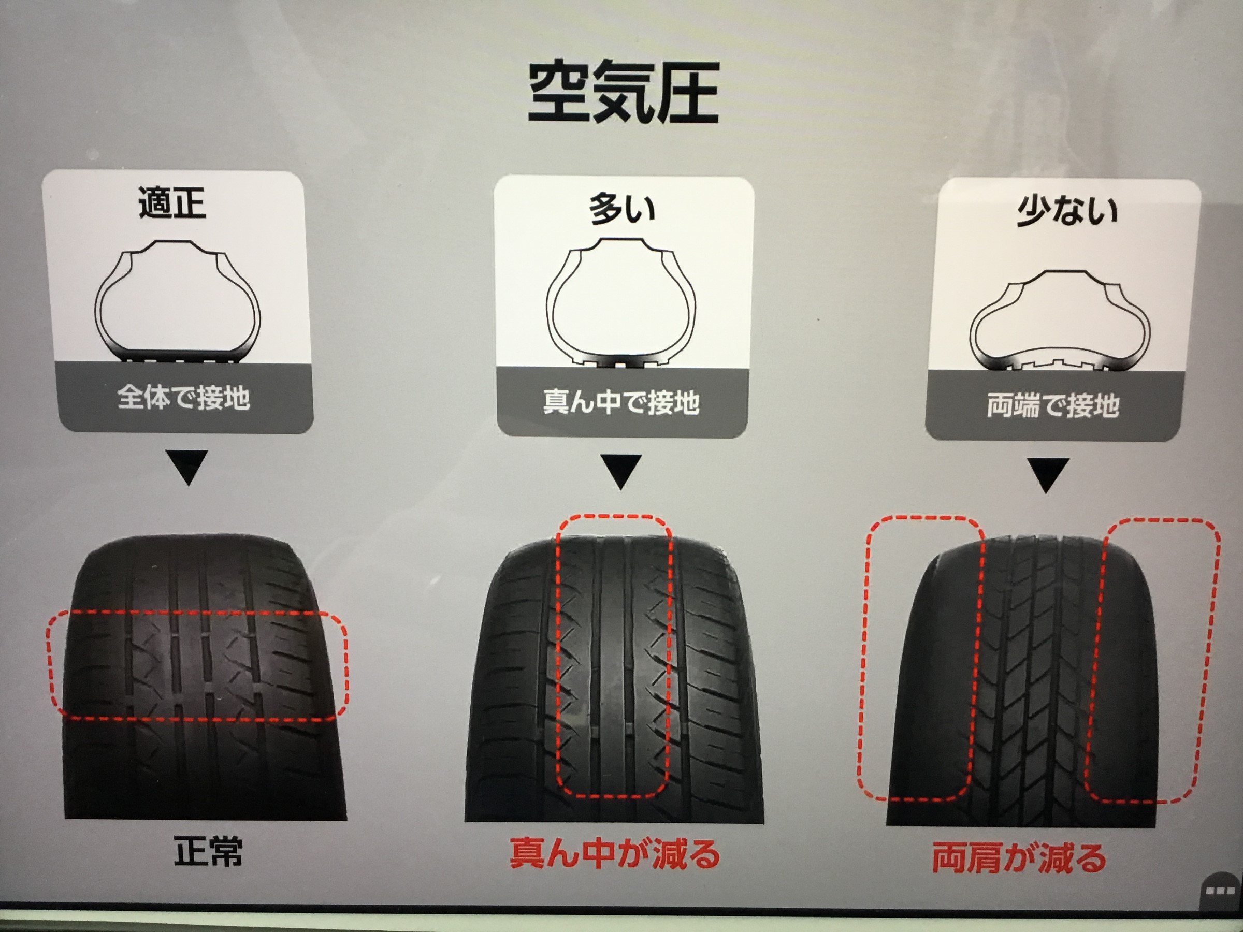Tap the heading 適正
click(172, 203)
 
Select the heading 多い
click(623, 209)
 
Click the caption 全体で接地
click(184, 397)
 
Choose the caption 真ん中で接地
click(621, 402)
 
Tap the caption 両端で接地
click(1053, 404)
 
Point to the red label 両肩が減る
click(1019, 858)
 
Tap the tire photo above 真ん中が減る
click(614, 680)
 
